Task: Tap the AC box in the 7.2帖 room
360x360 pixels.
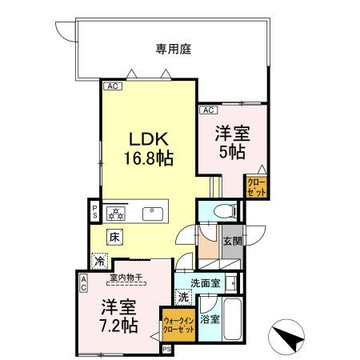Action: coord(82,283)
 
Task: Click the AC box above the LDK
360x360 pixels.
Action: coord(112,84)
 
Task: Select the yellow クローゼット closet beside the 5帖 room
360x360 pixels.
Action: coord(256,187)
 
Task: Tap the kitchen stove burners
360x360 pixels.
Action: coord(114,213)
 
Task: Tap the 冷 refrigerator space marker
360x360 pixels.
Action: coord(99,260)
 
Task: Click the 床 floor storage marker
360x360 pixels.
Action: coord(114,236)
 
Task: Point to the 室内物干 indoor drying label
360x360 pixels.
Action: coord(126,277)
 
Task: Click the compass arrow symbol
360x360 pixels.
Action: coord(290,334)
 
